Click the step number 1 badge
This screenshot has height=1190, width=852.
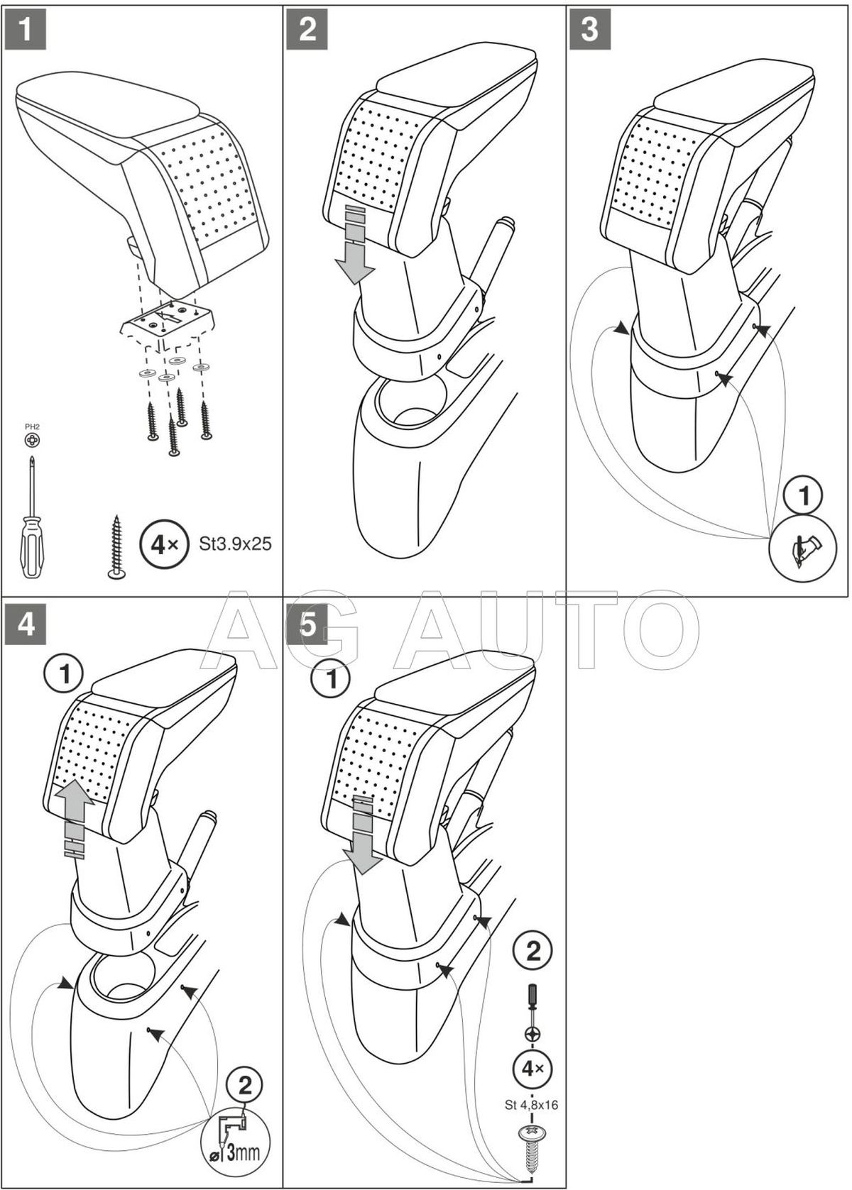click(x=24, y=31)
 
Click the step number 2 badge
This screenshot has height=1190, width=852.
click(x=307, y=31)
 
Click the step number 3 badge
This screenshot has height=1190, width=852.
click(x=590, y=31)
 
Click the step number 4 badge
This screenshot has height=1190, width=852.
click(x=26, y=626)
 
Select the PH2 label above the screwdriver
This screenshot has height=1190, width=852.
click(x=32, y=426)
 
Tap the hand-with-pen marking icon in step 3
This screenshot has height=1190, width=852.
click(x=805, y=547)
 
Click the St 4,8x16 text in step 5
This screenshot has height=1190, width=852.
click(x=531, y=1103)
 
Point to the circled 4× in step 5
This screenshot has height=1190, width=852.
click(x=532, y=1068)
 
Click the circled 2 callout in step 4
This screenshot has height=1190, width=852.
click(x=244, y=1084)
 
